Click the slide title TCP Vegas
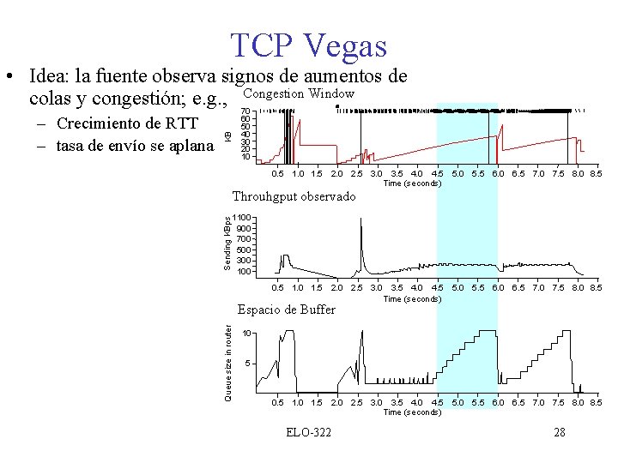click(x=308, y=45)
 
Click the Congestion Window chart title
click(x=299, y=93)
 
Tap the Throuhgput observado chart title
click(x=294, y=196)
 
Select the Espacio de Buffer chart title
click(x=286, y=309)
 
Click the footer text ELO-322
click(x=309, y=432)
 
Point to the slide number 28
click(x=559, y=432)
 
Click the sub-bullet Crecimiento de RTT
click(x=118, y=123)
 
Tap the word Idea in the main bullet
click(x=51, y=76)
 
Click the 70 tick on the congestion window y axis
click(x=245, y=111)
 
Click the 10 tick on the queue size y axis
click(x=246, y=333)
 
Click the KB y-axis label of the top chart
click(x=228, y=135)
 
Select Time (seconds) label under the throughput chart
click(x=412, y=298)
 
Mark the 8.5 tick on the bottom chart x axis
click(x=596, y=402)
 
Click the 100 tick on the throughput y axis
click(x=244, y=271)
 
